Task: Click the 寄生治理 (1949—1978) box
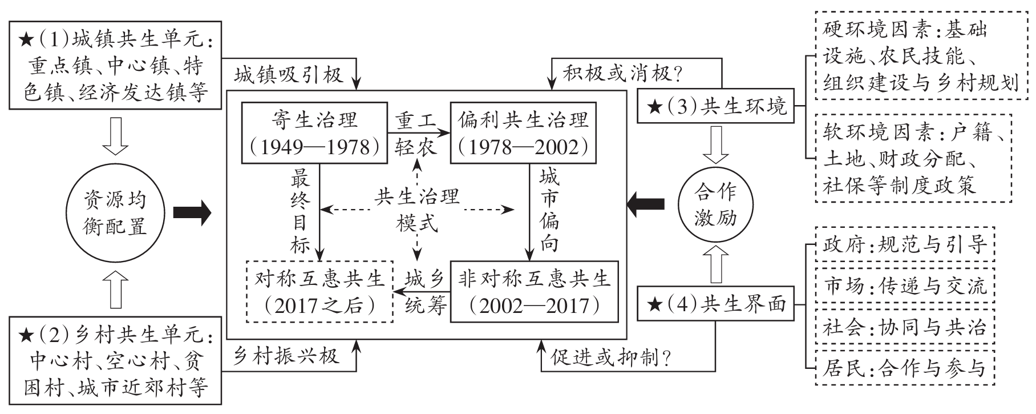pos(314,132)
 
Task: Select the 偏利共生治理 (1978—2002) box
pos(523,132)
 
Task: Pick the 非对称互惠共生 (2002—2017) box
pos(534,291)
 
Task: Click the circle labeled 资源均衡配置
pos(115,212)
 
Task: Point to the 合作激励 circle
pos(715,205)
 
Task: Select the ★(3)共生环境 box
pos(716,106)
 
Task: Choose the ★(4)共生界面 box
pos(716,303)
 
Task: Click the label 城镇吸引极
pos(289,75)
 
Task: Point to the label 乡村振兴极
pos(287,355)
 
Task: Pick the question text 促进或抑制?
pos(610,358)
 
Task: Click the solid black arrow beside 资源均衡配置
pos(192,213)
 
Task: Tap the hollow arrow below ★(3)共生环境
pos(715,144)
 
